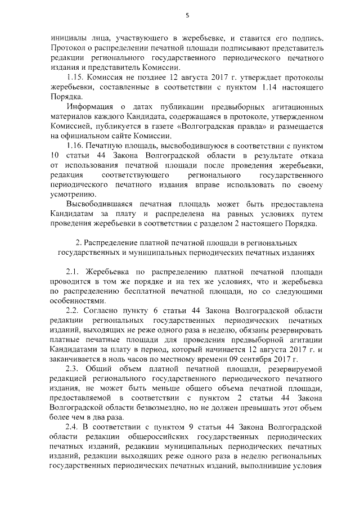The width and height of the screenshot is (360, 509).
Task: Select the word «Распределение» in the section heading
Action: (x=112, y=242)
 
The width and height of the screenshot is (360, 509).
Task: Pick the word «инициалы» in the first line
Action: (x=67, y=38)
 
